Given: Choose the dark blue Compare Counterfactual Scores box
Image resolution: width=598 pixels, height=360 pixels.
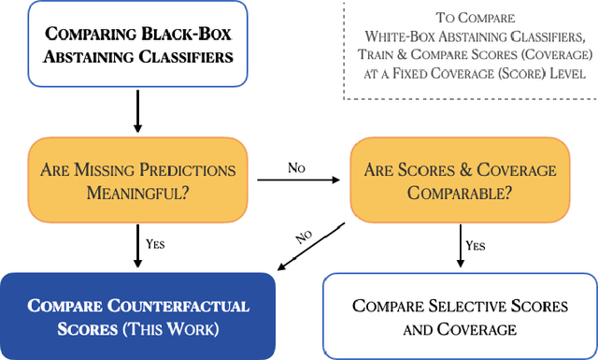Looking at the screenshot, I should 137,317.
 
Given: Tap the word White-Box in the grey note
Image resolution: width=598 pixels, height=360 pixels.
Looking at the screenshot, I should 404,36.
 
